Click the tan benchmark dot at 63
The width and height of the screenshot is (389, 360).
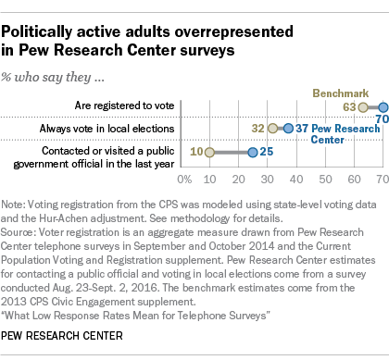[x=363, y=107]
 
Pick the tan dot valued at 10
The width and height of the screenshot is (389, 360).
[x=210, y=152]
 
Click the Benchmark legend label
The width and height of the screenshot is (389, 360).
[x=341, y=93]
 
